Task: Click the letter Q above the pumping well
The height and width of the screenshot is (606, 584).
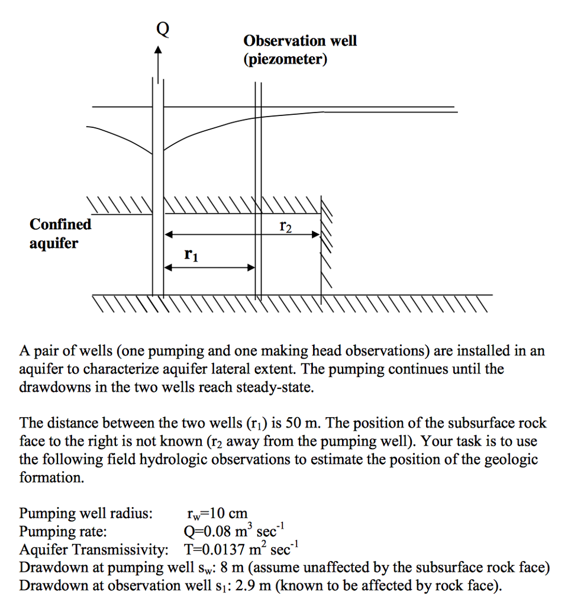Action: [162, 28]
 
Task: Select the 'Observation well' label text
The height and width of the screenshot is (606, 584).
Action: [300, 41]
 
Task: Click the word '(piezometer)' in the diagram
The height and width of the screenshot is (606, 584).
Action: [285, 59]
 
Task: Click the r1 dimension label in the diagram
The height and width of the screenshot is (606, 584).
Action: [191, 255]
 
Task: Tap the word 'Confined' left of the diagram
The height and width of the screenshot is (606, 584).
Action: [60, 224]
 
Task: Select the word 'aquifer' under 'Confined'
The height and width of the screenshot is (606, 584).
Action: [54, 243]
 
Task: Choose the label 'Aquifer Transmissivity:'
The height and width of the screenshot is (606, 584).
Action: [93, 549]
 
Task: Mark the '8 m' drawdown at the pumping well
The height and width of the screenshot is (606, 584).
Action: [234, 568]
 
